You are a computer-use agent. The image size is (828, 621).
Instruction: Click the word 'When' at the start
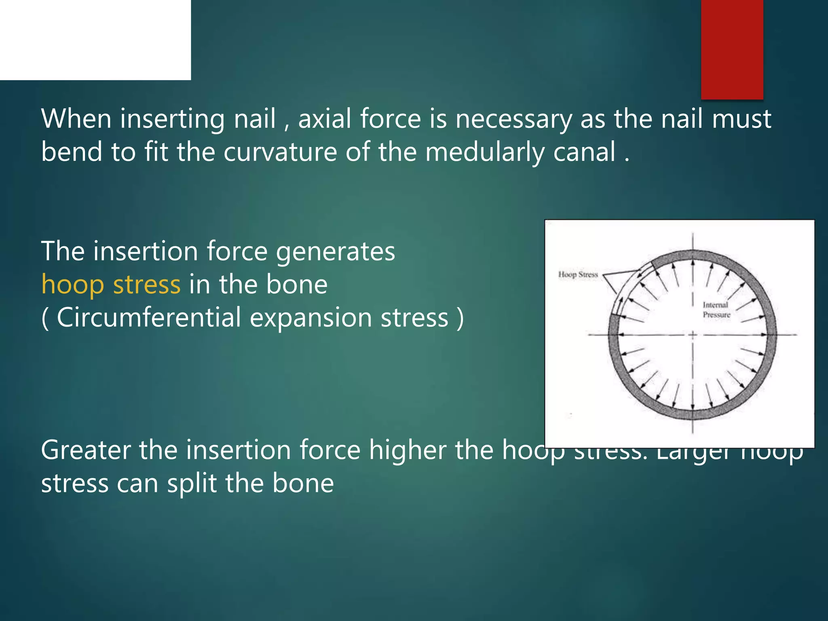click(x=76, y=119)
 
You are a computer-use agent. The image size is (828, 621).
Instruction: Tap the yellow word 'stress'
click(x=146, y=285)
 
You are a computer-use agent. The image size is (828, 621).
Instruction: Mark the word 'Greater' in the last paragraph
click(x=85, y=450)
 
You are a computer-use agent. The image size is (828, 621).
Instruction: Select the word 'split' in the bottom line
click(x=192, y=484)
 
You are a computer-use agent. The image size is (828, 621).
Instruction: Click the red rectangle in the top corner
click(x=732, y=49)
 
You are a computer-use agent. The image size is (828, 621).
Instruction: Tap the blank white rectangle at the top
click(x=95, y=40)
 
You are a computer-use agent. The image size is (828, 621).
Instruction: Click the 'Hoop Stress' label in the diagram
click(x=578, y=275)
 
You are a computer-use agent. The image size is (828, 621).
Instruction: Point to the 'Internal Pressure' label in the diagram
click(x=716, y=310)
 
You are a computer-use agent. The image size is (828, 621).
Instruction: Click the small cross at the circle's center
click(x=693, y=335)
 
